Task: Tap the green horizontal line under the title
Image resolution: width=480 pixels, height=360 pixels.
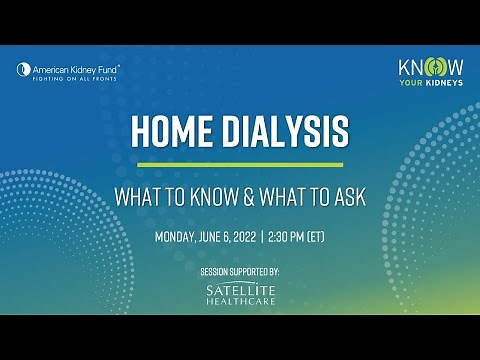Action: (x=240, y=164)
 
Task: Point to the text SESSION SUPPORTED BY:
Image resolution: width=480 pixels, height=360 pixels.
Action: (x=240, y=271)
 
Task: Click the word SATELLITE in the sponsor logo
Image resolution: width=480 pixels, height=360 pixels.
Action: (x=240, y=289)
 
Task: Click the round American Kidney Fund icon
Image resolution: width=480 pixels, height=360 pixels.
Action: (x=24, y=69)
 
